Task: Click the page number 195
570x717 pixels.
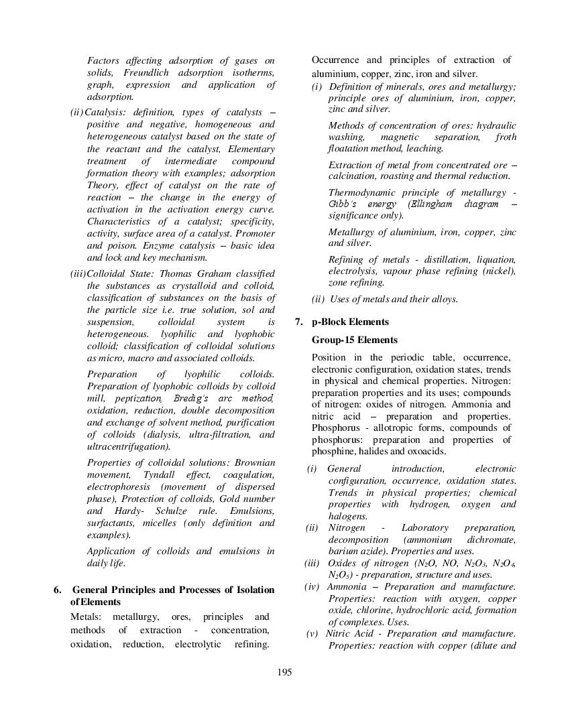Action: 284,672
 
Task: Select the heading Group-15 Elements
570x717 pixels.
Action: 354,340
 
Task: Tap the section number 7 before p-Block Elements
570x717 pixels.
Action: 299,322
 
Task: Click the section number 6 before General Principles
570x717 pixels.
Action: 58,590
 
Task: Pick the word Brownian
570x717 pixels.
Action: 253,463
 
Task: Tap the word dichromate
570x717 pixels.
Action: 492,539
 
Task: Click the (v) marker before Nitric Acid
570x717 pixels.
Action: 312,633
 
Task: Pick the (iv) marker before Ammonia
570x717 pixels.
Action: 311,587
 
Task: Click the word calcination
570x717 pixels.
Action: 355,176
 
